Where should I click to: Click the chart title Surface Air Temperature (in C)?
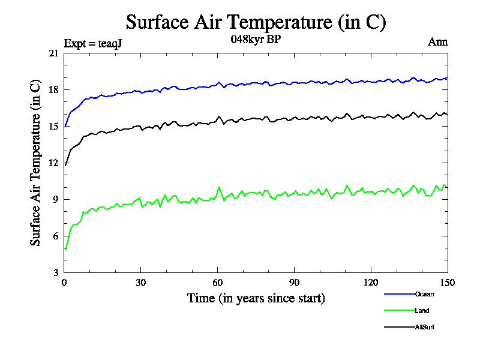pyautogui.click(x=256, y=22)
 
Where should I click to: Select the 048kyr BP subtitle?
pyautogui.click(x=256, y=40)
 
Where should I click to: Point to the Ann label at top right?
pyautogui.click(x=437, y=42)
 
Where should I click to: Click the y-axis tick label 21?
pyautogui.click(x=53, y=53)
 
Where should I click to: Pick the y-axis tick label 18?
pyautogui.click(x=53, y=90)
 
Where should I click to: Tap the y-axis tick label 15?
pyautogui.click(x=53, y=127)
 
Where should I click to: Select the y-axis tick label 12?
pyautogui.click(x=53, y=163)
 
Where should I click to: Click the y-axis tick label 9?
pyautogui.click(x=56, y=200)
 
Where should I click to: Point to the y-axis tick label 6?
pyautogui.click(x=56, y=236)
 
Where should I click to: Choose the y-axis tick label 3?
pyautogui.click(x=56, y=273)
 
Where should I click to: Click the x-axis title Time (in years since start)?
pyautogui.click(x=256, y=298)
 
